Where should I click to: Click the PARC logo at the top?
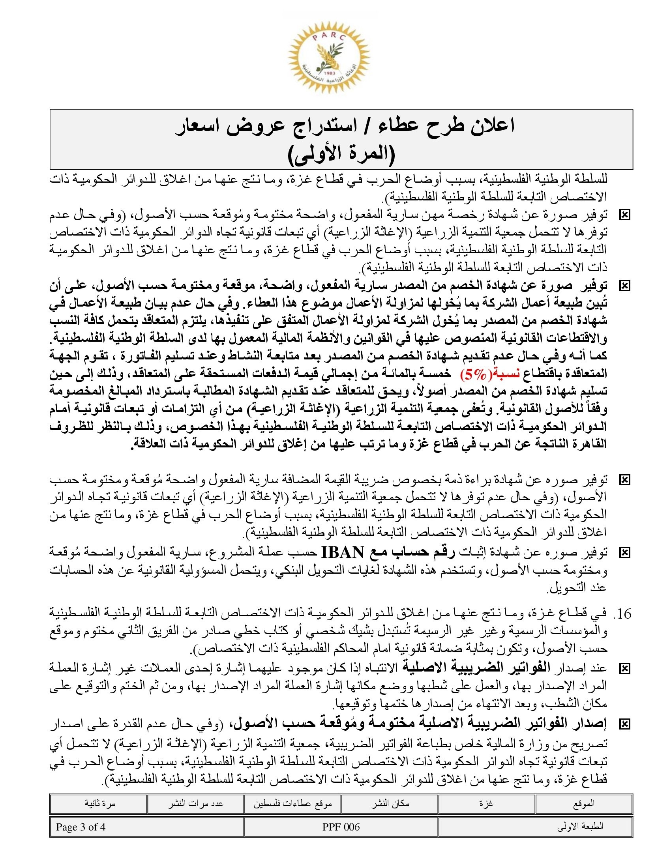[x=329, y=62]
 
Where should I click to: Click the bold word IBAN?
[x=343, y=552]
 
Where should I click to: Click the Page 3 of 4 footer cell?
[x=81, y=827]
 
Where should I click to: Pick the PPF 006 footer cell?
[x=341, y=827]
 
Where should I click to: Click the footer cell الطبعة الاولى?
[x=580, y=827]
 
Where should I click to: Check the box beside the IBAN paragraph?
[x=624, y=552]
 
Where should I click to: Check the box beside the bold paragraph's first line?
[x=624, y=286]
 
